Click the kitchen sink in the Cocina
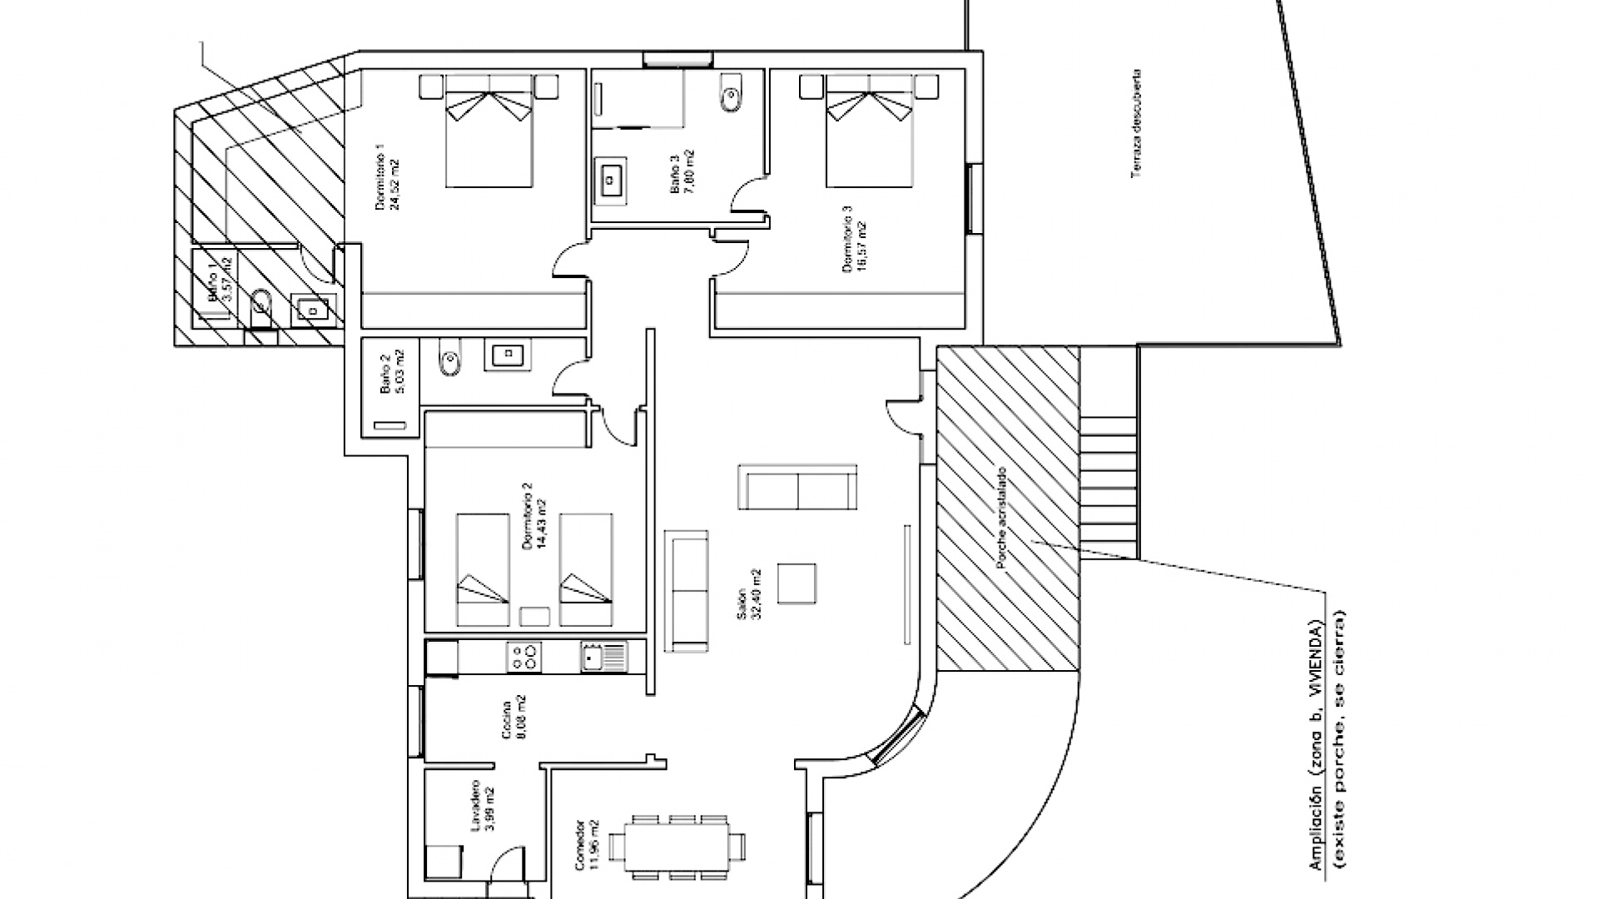click(603, 658)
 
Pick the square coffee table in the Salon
click(797, 583)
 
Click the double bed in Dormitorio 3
click(869, 133)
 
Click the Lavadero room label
click(476, 805)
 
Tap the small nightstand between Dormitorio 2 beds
click(534, 616)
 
